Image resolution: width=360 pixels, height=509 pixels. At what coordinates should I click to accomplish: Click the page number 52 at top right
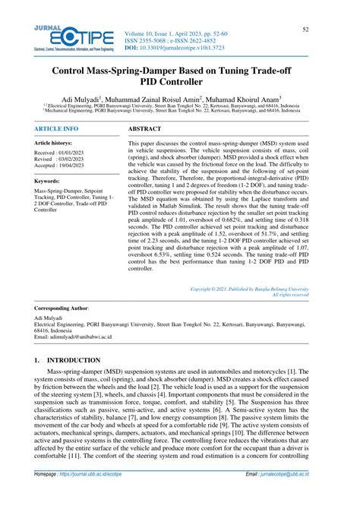(305, 29)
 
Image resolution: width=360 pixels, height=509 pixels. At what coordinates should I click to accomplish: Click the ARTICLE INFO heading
(56, 129)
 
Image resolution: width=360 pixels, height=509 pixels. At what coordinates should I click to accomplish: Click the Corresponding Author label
(62, 308)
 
